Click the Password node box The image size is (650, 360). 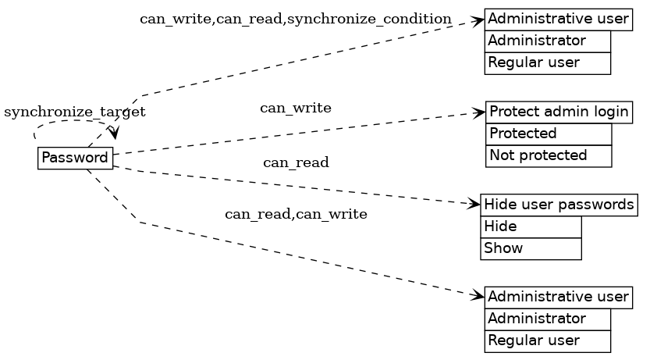tap(75, 158)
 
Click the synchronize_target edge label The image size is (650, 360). tap(75, 112)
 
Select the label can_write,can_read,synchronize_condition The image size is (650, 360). tap(295, 19)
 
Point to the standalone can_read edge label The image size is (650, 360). tap(296, 162)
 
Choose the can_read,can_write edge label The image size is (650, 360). tap(296, 214)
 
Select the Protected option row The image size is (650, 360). tap(549, 134)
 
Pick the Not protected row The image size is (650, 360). tap(549, 155)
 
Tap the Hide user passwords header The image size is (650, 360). tap(559, 205)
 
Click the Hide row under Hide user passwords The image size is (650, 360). tap(531, 226)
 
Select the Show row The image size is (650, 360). tap(531, 248)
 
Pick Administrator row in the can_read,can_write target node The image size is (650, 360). tap(547, 319)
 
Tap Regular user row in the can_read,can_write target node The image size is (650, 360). tap(547, 340)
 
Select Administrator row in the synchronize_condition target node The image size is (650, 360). tap(547, 41)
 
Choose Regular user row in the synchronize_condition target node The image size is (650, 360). tap(547, 62)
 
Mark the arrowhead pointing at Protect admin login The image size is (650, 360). tap(481, 112)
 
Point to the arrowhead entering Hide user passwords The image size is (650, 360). tap(475, 204)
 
